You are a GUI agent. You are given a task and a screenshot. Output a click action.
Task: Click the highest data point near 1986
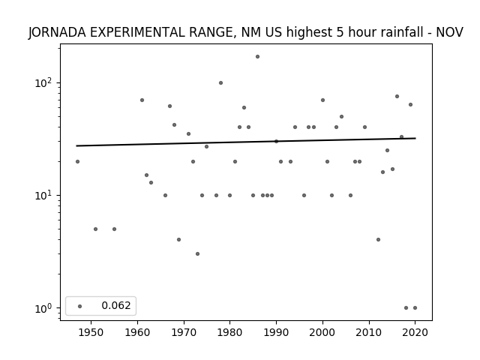point(257,57)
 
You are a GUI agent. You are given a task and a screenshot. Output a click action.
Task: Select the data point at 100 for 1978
point(220,83)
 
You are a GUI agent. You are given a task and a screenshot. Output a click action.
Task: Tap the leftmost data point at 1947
point(77,162)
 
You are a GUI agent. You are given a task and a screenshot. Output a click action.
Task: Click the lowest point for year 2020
point(415,308)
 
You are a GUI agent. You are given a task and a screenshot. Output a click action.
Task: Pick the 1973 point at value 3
point(197,253)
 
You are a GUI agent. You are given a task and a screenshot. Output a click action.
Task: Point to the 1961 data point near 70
point(142,100)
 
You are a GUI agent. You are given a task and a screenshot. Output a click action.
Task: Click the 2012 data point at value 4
point(378,240)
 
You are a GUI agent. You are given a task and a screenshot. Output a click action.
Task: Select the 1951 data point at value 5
point(95,229)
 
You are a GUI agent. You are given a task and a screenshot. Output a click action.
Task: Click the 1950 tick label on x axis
point(91,332)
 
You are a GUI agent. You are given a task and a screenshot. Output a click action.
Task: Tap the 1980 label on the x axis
point(229,332)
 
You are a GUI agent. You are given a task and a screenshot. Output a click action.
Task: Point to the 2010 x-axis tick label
point(368,332)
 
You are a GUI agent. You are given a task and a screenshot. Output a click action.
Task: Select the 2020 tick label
point(415,332)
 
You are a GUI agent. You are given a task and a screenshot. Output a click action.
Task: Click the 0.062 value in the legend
point(116,305)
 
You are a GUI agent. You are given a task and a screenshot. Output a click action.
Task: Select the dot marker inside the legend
point(80,306)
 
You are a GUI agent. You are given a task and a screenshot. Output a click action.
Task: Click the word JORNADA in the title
point(57,32)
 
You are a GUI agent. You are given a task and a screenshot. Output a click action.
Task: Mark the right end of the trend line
point(415,138)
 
